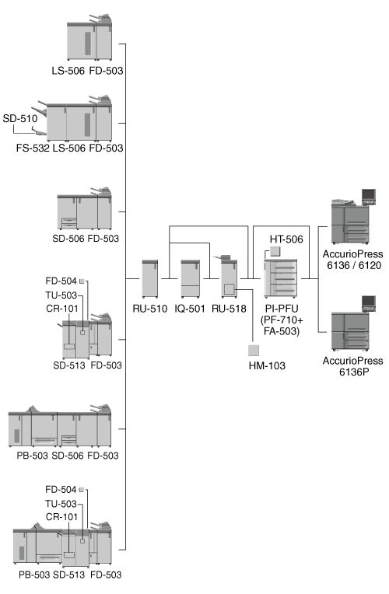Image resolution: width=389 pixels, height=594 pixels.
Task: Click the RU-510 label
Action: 149,309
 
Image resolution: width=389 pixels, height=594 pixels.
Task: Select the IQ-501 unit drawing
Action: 191,278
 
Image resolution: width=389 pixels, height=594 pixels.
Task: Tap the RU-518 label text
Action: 229,309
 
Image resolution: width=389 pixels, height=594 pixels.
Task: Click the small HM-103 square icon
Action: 254,350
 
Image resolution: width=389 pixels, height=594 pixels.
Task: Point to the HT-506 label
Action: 286,239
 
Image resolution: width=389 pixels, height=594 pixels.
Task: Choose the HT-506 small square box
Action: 275,252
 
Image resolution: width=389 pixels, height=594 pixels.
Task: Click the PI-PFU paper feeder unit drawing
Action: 281,278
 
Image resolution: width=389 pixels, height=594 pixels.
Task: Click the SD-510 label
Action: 20,119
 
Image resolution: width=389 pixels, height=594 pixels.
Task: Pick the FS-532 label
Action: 33,148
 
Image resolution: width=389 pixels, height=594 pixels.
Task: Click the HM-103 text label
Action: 267,365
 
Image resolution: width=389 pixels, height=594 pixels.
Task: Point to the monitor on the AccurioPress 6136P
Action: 369,303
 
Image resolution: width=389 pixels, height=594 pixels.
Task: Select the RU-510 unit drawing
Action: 149,278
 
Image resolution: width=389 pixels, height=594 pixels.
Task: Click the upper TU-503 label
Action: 61,295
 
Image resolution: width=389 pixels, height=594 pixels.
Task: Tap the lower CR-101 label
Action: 61,517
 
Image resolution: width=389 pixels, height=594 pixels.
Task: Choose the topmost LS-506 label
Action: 68,71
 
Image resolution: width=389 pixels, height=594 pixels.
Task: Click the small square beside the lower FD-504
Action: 82,490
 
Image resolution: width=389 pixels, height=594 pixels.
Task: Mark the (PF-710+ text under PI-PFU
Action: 282,320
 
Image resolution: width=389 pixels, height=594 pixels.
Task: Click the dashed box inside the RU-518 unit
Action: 229,289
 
